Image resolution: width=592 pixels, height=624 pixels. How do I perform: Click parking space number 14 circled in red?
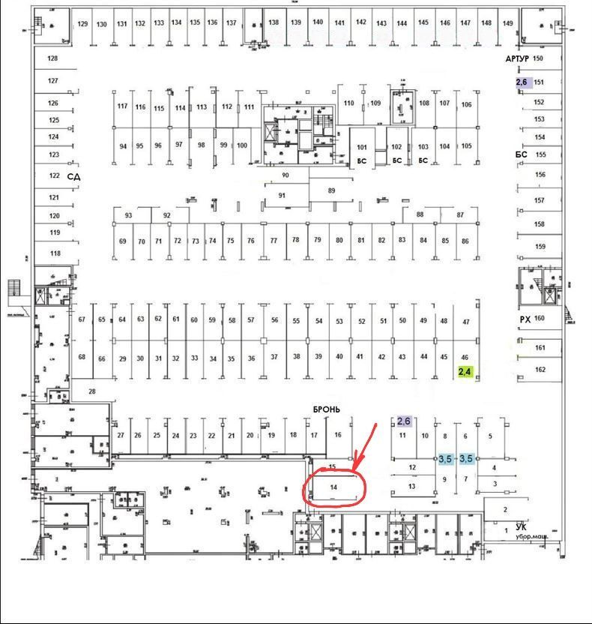(334, 487)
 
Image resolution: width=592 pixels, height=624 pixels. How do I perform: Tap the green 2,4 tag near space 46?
(465, 371)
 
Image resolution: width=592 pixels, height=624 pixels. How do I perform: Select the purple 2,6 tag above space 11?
(404, 421)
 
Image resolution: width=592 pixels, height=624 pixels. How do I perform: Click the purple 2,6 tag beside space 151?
(522, 82)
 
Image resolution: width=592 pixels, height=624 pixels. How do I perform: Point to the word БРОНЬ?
(327, 409)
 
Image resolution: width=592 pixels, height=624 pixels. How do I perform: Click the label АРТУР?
(517, 58)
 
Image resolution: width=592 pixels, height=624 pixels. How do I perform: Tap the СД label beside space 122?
(73, 176)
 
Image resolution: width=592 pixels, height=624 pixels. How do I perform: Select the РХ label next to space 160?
(525, 319)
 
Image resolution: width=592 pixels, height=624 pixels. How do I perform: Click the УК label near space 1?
(521, 526)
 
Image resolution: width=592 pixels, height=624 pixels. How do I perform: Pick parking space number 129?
(83, 24)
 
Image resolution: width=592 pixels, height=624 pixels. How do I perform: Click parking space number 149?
(508, 23)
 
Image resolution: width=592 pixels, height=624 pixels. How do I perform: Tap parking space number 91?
(283, 195)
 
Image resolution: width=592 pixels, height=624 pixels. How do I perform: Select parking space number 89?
(331, 190)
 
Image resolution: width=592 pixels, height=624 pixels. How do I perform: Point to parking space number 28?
(92, 391)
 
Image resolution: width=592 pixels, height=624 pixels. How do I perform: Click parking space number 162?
(540, 370)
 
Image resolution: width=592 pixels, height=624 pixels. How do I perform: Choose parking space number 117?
(122, 106)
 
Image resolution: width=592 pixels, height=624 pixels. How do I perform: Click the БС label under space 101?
(361, 160)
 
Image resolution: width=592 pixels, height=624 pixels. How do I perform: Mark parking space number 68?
(82, 357)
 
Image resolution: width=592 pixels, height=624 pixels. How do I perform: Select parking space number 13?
(411, 486)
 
